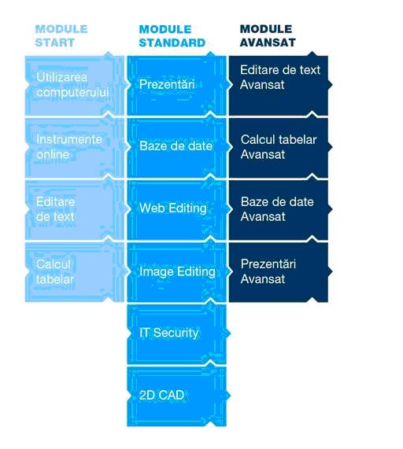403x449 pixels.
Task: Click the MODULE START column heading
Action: coord(61,36)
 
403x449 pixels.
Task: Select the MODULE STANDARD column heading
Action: coord(172,36)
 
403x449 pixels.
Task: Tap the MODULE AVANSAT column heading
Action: coord(268,36)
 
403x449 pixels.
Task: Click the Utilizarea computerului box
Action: coord(75,85)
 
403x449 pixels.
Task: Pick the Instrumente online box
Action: coord(75,148)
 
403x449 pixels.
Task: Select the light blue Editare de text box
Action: coord(75,210)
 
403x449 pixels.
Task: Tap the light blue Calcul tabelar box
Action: coord(75,272)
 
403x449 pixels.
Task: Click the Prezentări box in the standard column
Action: coord(177,85)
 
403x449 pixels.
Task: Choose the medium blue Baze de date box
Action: coord(177,148)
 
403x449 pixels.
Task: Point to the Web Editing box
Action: coord(177,210)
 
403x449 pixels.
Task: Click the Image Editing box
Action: coord(177,272)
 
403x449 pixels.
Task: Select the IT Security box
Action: coord(177,334)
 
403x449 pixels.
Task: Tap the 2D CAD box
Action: coord(177,396)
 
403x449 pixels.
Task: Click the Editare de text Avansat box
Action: coord(279,85)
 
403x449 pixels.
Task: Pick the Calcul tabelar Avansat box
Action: coord(279,148)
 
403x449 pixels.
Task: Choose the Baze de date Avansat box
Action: coord(279,210)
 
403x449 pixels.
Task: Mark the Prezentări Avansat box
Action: coord(279,272)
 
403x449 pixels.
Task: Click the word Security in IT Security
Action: coord(176,333)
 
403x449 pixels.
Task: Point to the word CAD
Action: coord(171,396)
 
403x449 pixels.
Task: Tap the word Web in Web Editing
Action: coord(149,208)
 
